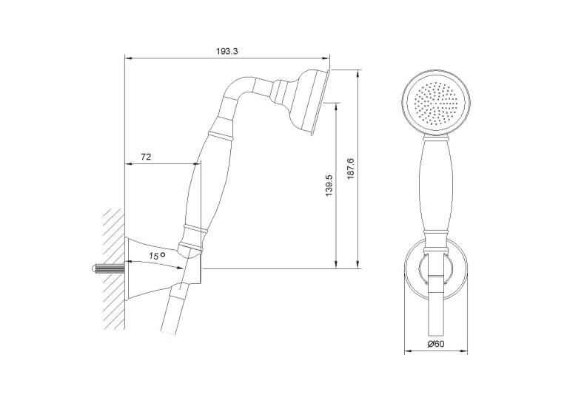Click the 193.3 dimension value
[x=227, y=51]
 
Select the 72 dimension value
[x=146, y=157]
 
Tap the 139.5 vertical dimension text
[x=329, y=186]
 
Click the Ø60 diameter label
[x=435, y=343]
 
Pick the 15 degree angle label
[x=157, y=256]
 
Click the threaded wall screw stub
[x=107, y=269]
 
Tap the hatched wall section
[x=113, y=268]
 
